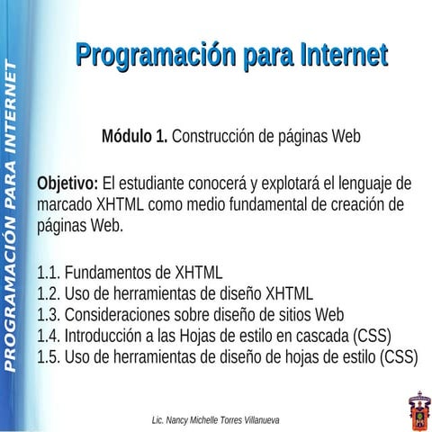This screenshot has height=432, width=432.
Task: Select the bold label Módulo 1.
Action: pos(134,138)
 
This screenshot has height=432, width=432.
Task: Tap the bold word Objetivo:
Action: pos(67,184)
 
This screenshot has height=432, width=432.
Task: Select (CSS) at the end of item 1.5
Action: pos(400,356)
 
